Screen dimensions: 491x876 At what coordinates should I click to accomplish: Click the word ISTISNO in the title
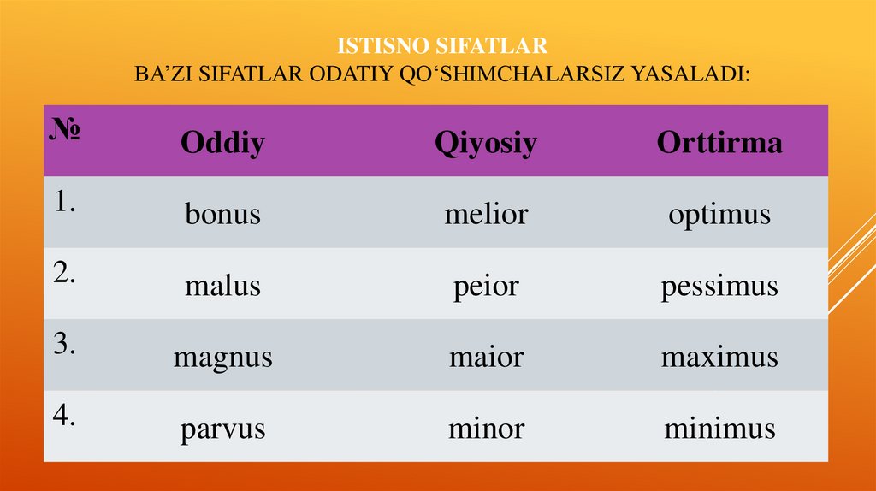point(374,45)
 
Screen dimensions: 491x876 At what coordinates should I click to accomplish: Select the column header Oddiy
point(222,143)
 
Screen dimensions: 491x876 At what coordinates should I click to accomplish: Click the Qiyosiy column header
point(485,143)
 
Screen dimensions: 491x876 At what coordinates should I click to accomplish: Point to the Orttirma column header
point(719,143)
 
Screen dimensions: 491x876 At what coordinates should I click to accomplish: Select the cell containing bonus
point(222,214)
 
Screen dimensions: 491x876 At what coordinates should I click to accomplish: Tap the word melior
point(485,214)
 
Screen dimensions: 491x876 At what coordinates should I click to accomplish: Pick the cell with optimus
point(719,214)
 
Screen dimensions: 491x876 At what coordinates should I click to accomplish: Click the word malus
point(222,285)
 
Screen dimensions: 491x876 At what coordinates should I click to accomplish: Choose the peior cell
point(485,286)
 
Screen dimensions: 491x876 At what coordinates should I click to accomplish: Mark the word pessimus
point(719,286)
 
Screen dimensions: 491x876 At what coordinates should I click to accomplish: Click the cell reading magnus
point(222,357)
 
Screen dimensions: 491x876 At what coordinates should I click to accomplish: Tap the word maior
point(485,356)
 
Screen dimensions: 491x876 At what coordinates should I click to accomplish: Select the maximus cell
point(719,356)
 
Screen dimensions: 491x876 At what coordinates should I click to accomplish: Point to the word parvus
point(222,428)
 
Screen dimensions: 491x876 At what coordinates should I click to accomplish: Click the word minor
point(485,427)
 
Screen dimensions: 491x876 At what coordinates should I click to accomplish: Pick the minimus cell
point(719,427)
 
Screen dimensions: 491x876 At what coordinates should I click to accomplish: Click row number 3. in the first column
point(65,344)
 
